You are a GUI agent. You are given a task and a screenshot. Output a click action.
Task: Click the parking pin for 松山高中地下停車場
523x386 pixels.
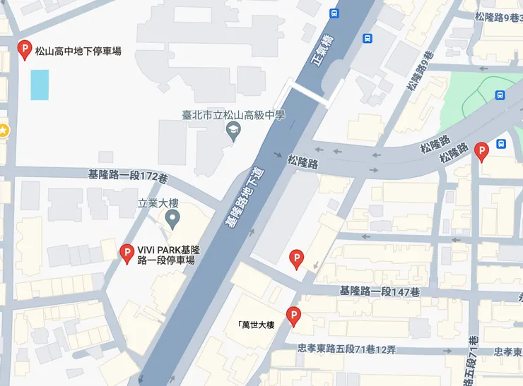click(x=24, y=49)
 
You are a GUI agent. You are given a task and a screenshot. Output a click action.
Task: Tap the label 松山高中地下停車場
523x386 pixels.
click(x=78, y=51)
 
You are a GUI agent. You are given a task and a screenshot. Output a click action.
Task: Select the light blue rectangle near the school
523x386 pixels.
click(x=40, y=85)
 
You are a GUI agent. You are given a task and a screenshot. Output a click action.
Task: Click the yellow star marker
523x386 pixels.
click(x=3, y=130)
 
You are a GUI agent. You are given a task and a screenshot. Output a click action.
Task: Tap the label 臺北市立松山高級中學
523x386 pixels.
click(x=233, y=115)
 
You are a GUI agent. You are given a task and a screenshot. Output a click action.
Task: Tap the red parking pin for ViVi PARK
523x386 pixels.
click(x=127, y=253)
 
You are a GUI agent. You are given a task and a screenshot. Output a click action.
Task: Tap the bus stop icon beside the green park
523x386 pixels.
click(x=500, y=95)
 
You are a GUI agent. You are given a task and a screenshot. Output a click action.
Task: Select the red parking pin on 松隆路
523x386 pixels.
click(x=482, y=151)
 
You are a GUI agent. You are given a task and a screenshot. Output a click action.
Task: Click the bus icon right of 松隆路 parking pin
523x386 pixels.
click(x=501, y=144)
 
